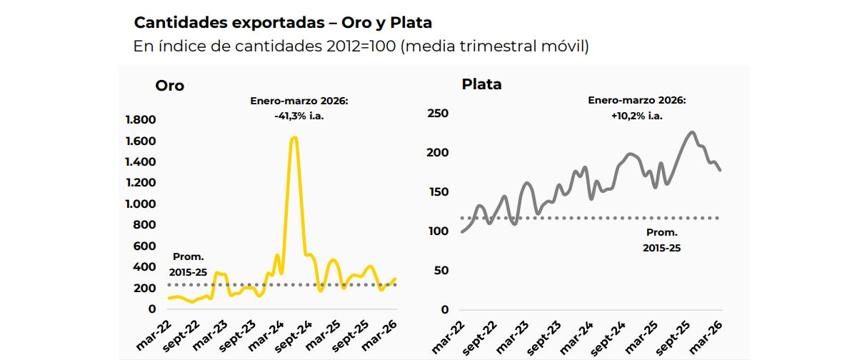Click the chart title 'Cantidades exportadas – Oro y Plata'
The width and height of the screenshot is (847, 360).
pos(283,23)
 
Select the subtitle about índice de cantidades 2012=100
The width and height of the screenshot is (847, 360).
pos(361,46)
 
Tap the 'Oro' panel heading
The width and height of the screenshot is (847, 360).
pos(170,86)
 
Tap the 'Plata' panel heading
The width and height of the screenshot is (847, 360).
pos(482,84)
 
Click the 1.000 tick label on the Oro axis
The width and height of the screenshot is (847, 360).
pos(141,204)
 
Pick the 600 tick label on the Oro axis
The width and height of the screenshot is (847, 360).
pos(145,246)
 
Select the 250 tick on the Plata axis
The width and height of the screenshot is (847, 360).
pos(437,114)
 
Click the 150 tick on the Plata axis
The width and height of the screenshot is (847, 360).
pos(437,192)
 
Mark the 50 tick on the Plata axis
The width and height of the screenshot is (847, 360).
pos(441,271)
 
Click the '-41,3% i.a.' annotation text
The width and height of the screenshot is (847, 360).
pos(299,116)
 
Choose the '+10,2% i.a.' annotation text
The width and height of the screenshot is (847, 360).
pos(637,115)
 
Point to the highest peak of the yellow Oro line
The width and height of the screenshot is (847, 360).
pos(294,137)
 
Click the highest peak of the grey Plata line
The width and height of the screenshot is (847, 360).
pos(691,132)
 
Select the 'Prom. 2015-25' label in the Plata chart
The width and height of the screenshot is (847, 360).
pos(662,240)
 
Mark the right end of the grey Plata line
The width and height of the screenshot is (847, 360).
pos(720,170)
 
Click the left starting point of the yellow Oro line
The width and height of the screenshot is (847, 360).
pos(169,298)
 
